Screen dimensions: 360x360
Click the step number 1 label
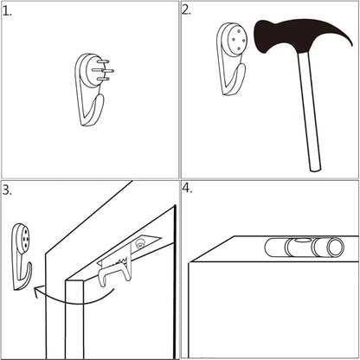point(7,11)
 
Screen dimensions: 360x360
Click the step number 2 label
point(186,10)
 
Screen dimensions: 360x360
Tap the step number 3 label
point(7,190)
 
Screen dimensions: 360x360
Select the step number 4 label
point(187,189)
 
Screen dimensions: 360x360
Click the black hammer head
point(294,36)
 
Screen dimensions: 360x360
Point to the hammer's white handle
point(309,111)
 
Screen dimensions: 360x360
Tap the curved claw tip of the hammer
point(350,43)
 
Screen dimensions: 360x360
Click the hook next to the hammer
point(232,59)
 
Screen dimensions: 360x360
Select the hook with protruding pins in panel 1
point(93,89)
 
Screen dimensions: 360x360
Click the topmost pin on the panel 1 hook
point(103,61)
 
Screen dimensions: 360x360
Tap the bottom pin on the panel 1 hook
point(103,79)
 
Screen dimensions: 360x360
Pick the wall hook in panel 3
point(22,256)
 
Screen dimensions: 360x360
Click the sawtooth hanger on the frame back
point(114,263)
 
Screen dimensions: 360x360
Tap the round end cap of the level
point(335,247)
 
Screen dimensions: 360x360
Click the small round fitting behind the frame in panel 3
point(140,243)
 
